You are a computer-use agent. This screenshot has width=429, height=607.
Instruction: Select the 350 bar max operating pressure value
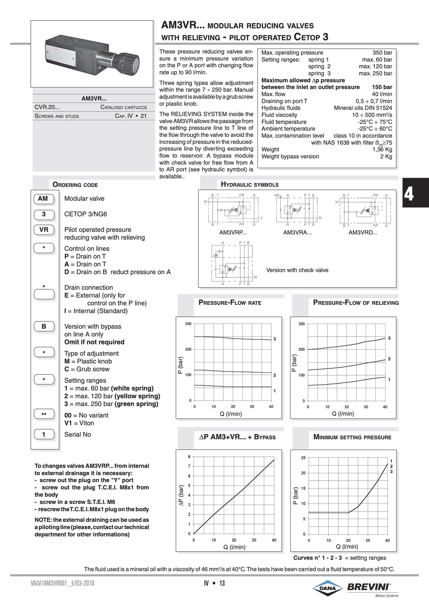pyautogui.click(x=382, y=53)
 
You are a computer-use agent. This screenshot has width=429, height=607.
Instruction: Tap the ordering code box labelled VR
pyautogui.click(x=44, y=230)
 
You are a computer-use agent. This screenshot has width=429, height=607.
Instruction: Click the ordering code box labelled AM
pyautogui.click(x=43, y=199)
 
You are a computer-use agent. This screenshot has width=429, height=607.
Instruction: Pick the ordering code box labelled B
pyautogui.click(x=44, y=327)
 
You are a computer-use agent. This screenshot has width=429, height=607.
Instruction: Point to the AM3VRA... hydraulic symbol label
pyautogui.click(x=297, y=233)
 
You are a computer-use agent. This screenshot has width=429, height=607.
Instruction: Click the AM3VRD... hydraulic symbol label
pyautogui.click(x=363, y=233)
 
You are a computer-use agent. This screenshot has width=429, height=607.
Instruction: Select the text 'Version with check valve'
pyautogui.click(x=297, y=270)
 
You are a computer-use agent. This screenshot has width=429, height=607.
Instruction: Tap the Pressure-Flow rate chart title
pyautogui.click(x=230, y=303)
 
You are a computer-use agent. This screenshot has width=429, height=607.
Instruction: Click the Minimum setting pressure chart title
pyautogui.click(x=352, y=437)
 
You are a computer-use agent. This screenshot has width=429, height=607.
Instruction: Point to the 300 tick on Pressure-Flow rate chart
pyautogui.click(x=188, y=324)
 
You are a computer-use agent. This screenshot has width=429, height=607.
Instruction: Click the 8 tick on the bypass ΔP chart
pyautogui.click(x=189, y=457)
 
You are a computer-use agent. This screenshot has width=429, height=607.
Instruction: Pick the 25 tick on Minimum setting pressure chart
pyautogui.click(x=303, y=458)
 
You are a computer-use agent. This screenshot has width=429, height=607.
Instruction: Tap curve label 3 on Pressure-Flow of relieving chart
pyautogui.click(x=389, y=338)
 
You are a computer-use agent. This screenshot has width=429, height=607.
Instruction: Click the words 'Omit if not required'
pyautogui.click(x=94, y=342)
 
